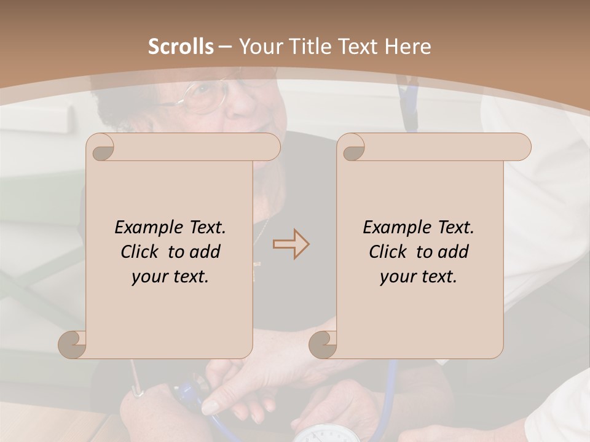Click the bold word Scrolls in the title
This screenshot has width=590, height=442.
pyautogui.click(x=181, y=47)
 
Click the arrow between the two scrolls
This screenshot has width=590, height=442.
pyautogui.click(x=291, y=244)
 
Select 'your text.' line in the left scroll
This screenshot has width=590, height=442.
pyautogui.click(x=170, y=277)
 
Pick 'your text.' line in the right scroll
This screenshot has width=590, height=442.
pyautogui.click(x=419, y=277)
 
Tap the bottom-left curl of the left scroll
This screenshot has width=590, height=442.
pyautogui.click(x=73, y=344)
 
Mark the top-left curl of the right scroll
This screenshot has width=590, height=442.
pyautogui.click(x=352, y=148)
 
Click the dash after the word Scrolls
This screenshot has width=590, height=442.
pyautogui.click(x=225, y=47)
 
